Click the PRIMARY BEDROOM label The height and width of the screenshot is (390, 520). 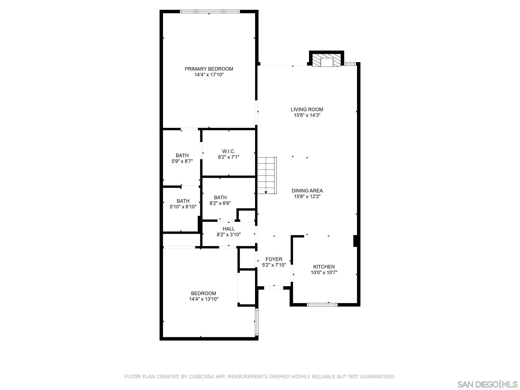[x=209, y=69]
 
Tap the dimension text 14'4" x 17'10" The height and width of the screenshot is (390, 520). [x=209, y=75]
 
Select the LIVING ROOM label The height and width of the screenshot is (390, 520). [x=307, y=109]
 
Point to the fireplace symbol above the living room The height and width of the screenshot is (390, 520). [x=327, y=61]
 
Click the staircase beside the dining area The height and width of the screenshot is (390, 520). [x=266, y=175]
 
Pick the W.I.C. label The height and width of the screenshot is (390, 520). [x=229, y=151]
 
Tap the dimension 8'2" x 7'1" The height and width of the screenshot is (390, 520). [x=229, y=157]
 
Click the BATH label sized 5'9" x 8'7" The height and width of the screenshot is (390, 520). [x=182, y=155]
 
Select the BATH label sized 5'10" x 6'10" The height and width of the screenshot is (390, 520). [x=183, y=201]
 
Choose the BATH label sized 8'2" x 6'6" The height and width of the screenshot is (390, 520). [x=220, y=197]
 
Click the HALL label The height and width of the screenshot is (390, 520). [x=229, y=229]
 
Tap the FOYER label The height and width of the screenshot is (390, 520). [x=274, y=259]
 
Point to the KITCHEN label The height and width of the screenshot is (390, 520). [x=324, y=267]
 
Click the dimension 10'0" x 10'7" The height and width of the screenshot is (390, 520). [x=324, y=272]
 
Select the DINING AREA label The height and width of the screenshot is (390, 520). [x=307, y=191]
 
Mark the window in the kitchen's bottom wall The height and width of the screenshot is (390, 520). [x=322, y=304]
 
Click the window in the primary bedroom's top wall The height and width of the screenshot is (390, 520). [x=210, y=11]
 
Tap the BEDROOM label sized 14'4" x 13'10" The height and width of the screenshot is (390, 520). [x=204, y=293]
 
